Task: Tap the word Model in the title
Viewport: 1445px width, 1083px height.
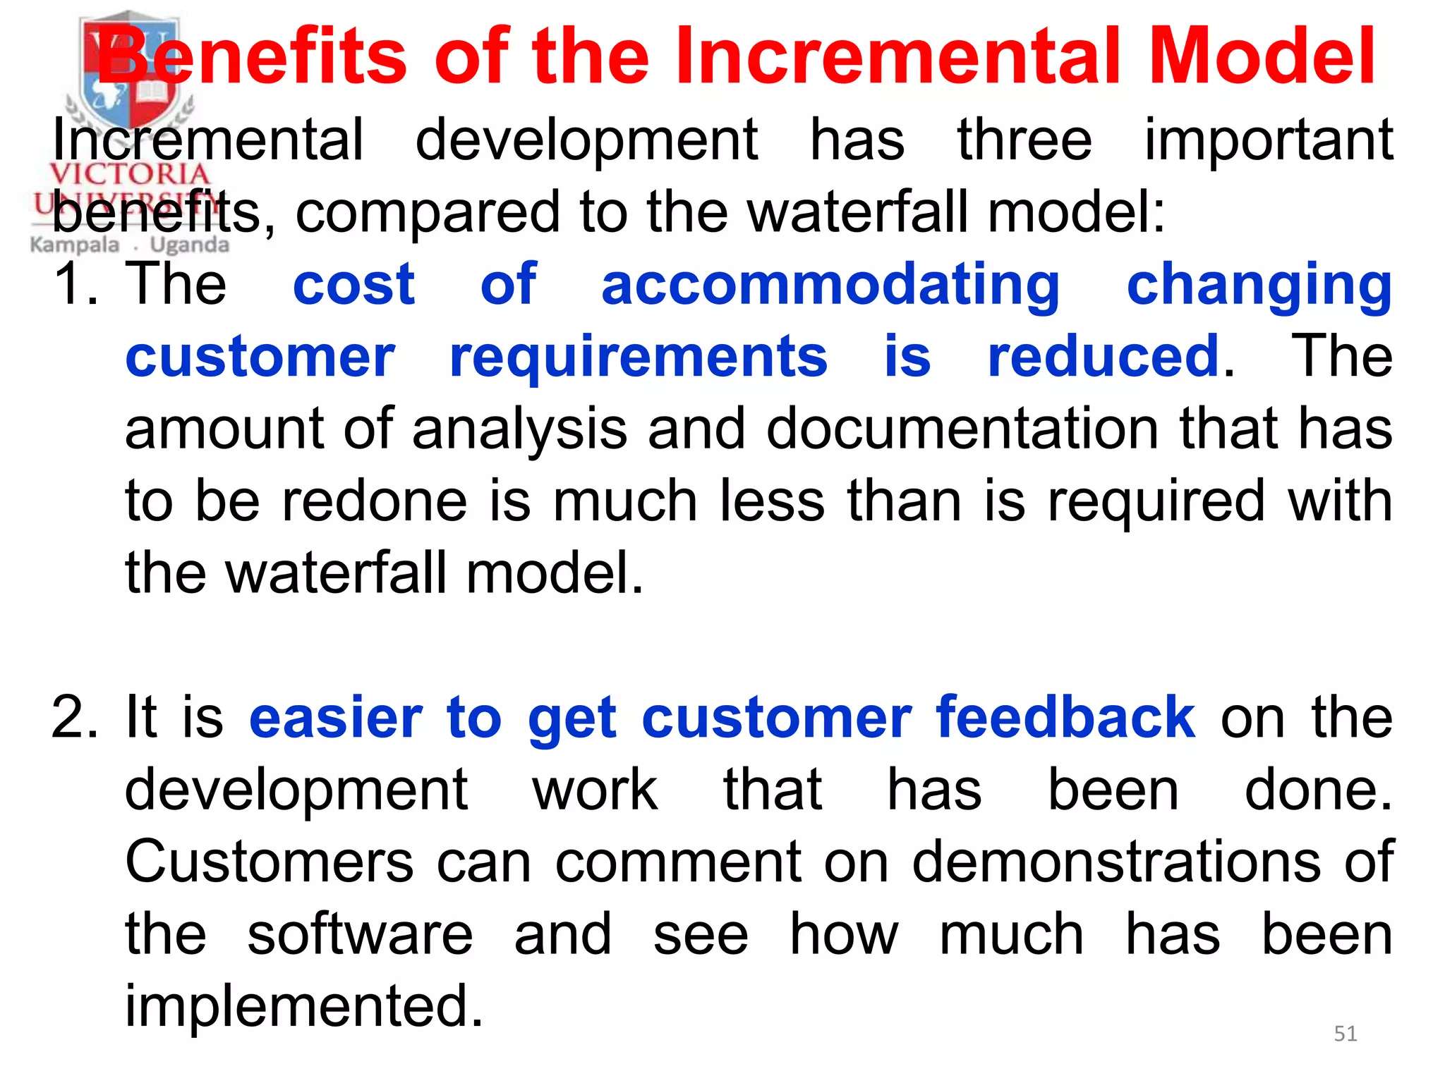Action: (x=1262, y=56)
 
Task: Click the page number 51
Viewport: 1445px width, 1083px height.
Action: (x=1345, y=1034)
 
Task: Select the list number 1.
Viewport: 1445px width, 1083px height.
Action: (x=74, y=284)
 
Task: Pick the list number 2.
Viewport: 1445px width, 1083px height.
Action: (x=74, y=718)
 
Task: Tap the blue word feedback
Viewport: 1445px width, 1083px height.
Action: (x=1065, y=718)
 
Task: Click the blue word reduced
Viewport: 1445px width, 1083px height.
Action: (x=1104, y=357)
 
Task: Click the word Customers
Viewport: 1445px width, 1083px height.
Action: (x=269, y=862)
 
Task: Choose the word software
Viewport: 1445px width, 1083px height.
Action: (x=360, y=934)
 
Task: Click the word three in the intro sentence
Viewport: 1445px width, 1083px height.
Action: (x=1024, y=140)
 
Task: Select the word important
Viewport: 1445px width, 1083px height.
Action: (x=1268, y=141)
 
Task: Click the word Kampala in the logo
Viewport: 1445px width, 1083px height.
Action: (x=75, y=245)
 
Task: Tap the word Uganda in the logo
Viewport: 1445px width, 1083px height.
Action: (x=189, y=245)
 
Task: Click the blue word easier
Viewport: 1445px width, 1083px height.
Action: (x=335, y=718)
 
